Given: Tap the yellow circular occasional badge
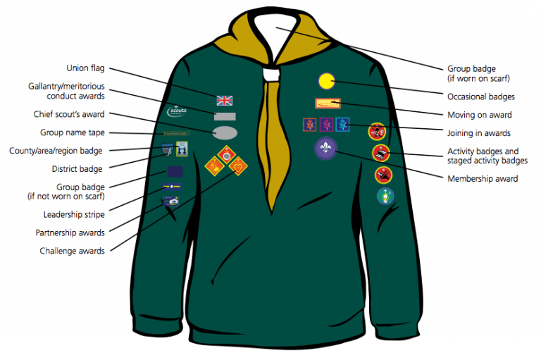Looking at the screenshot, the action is click(x=326, y=82).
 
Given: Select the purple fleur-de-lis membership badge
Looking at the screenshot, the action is click(x=325, y=147).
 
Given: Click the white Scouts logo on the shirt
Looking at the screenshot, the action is click(x=177, y=111).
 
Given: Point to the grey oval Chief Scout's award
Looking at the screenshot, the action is click(x=225, y=132).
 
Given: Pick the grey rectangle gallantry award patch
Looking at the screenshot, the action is click(x=225, y=116).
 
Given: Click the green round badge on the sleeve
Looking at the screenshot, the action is click(x=385, y=196).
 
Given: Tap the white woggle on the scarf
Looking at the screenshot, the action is click(x=270, y=73).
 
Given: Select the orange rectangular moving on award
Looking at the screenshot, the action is click(x=328, y=104).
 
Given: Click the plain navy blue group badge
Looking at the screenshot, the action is click(x=174, y=171).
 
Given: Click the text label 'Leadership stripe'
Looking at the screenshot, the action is click(x=73, y=214).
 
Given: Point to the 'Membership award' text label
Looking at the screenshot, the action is click(x=483, y=179).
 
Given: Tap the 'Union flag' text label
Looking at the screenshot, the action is click(x=85, y=68).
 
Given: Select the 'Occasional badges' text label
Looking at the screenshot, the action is click(x=481, y=97).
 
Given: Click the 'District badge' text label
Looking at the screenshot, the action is click(x=77, y=169).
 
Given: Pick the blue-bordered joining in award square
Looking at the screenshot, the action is click(x=342, y=125).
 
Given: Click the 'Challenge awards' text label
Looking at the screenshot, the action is click(x=73, y=251).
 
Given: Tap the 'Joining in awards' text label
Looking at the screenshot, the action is click(x=479, y=132).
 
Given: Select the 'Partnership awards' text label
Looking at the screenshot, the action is click(x=70, y=232).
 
